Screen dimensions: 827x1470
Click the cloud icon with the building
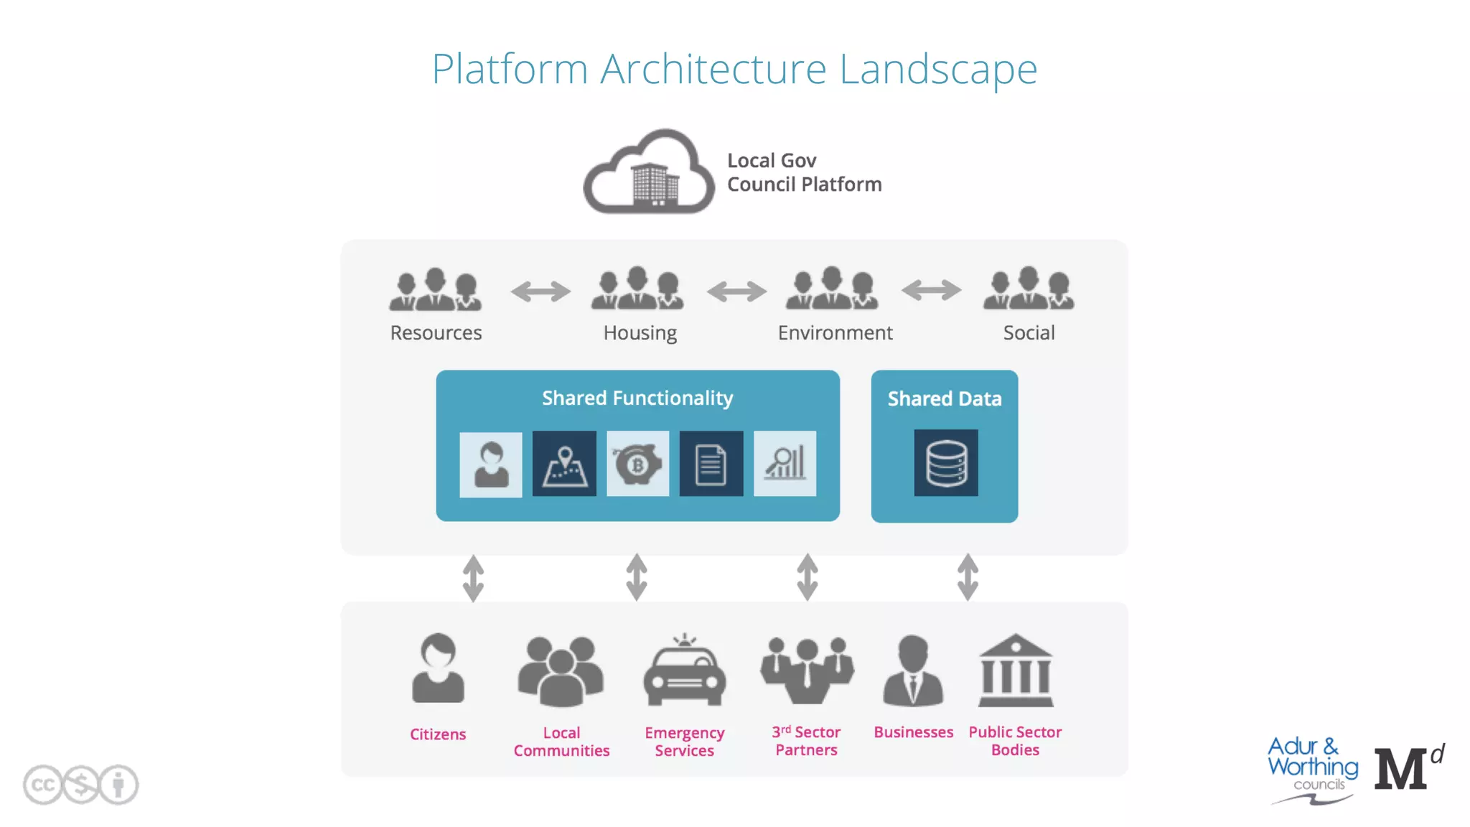pos(649,172)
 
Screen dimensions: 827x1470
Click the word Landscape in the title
pos(937,70)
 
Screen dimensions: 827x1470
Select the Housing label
pos(640,333)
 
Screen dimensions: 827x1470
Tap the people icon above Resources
pos(435,289)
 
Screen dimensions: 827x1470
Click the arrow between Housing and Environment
pos(736,291)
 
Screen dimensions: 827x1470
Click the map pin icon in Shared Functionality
pos(564,464)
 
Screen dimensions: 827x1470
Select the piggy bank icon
pos(637,464)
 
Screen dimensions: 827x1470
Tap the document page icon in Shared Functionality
pos(711,464)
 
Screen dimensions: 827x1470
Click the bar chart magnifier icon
pos(785,464)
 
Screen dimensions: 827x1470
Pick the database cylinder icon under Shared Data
pos(945,463)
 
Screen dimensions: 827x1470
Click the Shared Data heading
pos(944,398)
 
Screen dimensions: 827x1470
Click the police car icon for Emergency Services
pos(684,671)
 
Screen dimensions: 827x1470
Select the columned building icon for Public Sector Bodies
pos(1015,671)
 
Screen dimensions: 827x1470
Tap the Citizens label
pos(437,734)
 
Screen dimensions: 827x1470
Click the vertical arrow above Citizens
pos(473,578)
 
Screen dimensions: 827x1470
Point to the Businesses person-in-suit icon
pos(912,671)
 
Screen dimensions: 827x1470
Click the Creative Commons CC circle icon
pos(42,785)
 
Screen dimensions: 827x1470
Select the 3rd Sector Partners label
pos(806,741)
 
